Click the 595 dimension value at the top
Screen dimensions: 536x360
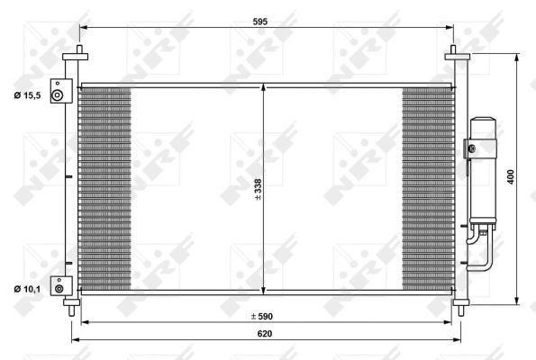pos(260,22)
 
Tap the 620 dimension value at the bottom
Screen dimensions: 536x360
pos(265,333)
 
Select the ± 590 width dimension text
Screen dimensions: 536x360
pos(262,316)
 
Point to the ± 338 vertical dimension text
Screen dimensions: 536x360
pos(258,189)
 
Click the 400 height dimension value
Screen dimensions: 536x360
pos(511,177)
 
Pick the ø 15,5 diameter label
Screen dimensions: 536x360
pos(27,95)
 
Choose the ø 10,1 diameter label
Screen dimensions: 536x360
pos(27,289)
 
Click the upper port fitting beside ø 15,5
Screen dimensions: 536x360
pos(61,91)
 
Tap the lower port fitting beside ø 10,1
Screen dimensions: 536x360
pos(61,286)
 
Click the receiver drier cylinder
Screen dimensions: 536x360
pos(483,170)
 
